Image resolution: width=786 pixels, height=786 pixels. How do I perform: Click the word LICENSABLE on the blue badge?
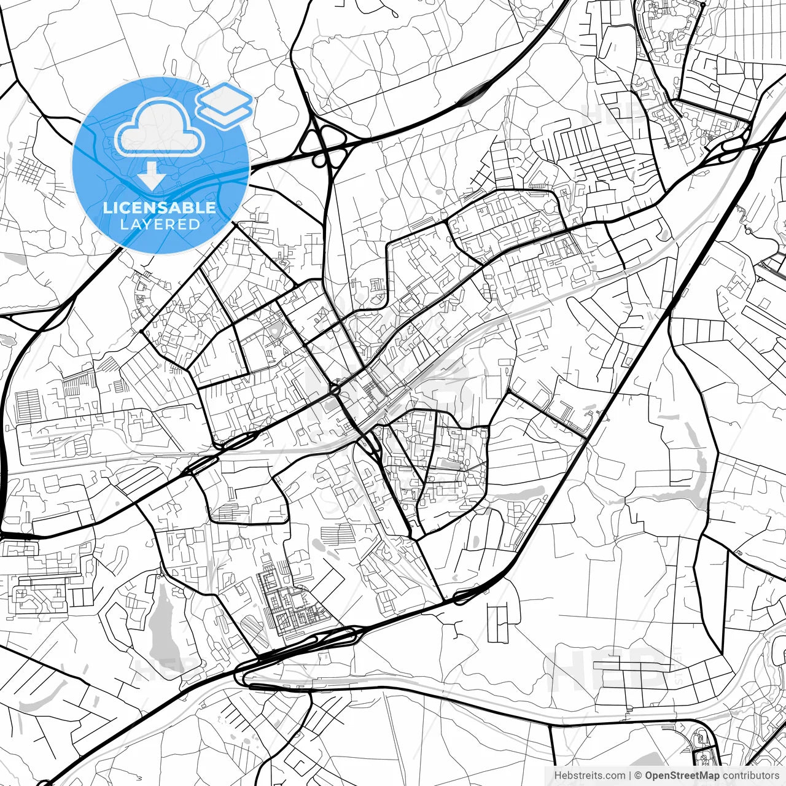click(x=160, y=208)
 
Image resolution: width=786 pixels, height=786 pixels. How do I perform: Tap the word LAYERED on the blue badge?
click(x=160, y=224)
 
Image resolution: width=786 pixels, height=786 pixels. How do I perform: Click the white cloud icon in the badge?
click(x=160, y=128)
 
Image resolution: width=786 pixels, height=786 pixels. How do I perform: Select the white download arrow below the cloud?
click(x=151, y=175)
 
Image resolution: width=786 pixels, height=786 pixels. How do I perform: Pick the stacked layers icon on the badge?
click(x=224, y=104)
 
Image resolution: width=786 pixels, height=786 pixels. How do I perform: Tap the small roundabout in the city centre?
click(x=335, y=389)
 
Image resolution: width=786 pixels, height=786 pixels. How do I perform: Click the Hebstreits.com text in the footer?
click(x=589, y=776)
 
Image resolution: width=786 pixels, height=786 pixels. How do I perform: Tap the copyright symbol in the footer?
click(x=639, y=776)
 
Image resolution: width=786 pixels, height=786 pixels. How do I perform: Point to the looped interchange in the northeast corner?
click(x=728, y=147)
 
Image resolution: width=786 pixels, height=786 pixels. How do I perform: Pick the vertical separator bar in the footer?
click(x=630, y=776)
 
